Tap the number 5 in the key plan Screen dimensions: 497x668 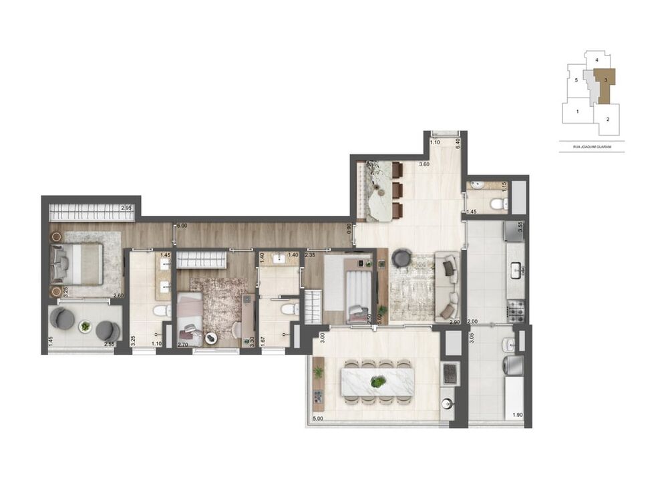(x=576, y=79)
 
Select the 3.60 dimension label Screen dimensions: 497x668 (x=424, y=164)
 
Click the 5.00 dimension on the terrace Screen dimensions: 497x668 (x=318, y=419)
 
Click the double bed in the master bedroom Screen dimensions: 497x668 (x=78, y=263)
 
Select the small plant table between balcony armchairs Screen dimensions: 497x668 (x=85, y=326)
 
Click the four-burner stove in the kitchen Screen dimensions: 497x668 (x=517, y=311)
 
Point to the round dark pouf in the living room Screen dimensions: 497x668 (x=401, y=257)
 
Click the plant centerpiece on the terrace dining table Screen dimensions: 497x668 (x=378, y=383)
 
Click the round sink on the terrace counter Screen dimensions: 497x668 (x=447, y=403)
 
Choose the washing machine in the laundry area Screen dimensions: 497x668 (x=516, y=365)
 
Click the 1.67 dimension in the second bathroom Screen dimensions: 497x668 (x=262, y=340)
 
